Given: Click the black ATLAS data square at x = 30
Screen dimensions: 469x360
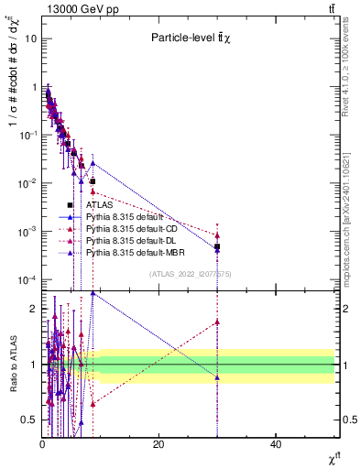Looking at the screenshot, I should coord(217,247).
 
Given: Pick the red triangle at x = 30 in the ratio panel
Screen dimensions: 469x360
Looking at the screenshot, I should coord(217,322).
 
